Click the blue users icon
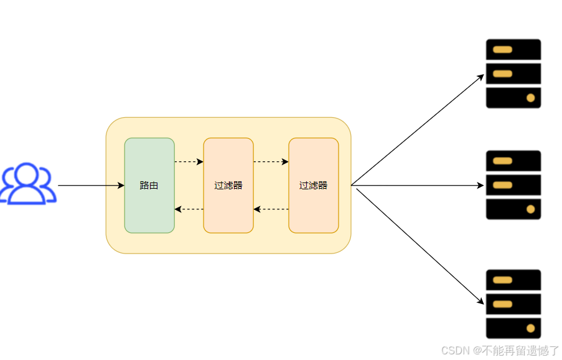coord(27,184)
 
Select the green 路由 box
coord(149,185)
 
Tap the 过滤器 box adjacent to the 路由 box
coord(228,185)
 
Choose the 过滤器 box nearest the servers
coord(314,185)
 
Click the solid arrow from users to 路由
coord(91,186)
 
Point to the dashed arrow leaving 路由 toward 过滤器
coord(189,162)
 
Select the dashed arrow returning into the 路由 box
coord(189,209)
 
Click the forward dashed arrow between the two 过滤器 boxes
coord(271,162)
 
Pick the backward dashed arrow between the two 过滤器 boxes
coord(271,209)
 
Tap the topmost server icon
coord(513,73)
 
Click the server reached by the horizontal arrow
coord(513,185)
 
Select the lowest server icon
coord(513,304)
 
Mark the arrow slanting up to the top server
coord(417,130)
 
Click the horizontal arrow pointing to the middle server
coord(417,186)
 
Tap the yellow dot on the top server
coord(531,98)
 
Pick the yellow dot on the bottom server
coord(531,328)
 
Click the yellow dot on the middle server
coord(531,209)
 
